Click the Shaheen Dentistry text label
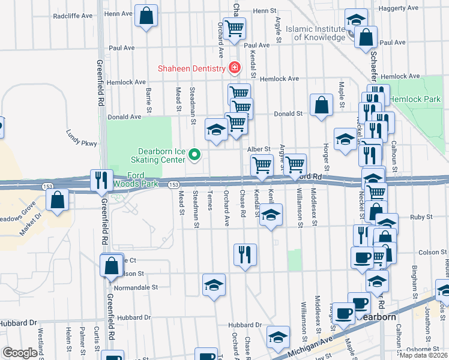point(191,68)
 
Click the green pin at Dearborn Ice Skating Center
point(194,155)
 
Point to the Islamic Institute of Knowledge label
point(316,32)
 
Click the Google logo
point(20,353)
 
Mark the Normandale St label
point(137,287)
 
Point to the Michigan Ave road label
point(309,349)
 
